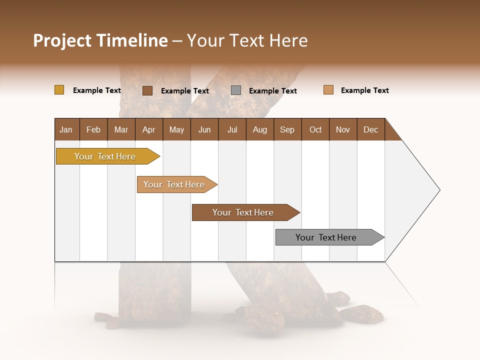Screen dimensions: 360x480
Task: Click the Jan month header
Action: pos(66,129)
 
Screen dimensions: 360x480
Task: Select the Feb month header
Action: pos(93,129)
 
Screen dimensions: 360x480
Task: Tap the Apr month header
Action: pos(148,129)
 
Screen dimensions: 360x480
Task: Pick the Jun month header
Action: pos(204,129)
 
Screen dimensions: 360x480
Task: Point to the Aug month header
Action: pos(259,129)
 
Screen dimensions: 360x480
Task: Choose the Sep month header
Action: pos(287,129)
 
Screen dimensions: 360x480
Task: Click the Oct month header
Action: pos(315,129)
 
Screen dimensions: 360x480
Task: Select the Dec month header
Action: pos(370,129)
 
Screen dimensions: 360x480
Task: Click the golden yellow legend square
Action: pos(59,90)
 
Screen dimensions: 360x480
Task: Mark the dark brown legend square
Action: pos(147,90)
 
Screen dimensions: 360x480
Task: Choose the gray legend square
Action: pos(236,90)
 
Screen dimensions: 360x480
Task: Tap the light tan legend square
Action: pos(328,90)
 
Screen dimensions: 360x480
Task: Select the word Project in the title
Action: pos(62,40)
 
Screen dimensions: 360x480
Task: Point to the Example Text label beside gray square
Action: pos(273,91)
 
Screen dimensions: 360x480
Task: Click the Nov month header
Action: pos(343,129)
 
